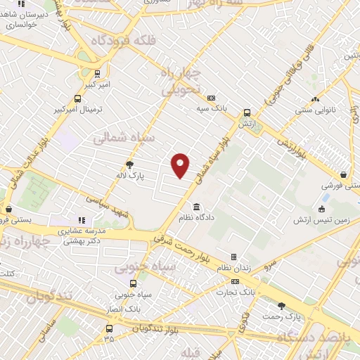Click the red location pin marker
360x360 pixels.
coord(181,165)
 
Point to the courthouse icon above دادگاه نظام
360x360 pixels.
coord(195,207)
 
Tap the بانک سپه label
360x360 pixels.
coord(209,109)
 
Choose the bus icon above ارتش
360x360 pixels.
coord(247,112)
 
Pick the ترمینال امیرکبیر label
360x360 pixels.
coord(79,110)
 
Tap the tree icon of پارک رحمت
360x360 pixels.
coord(282,306)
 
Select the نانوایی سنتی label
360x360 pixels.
coord(314,110)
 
